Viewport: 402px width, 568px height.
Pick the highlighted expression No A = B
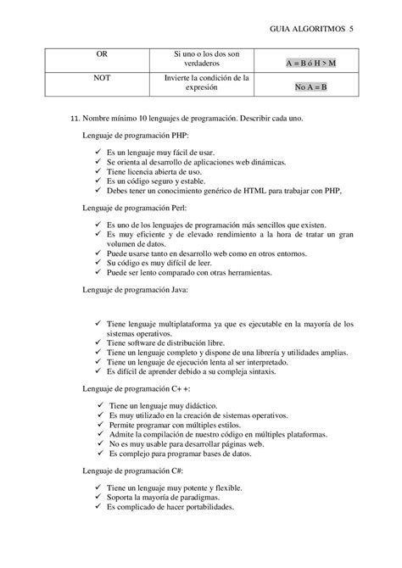coord(310,87)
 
